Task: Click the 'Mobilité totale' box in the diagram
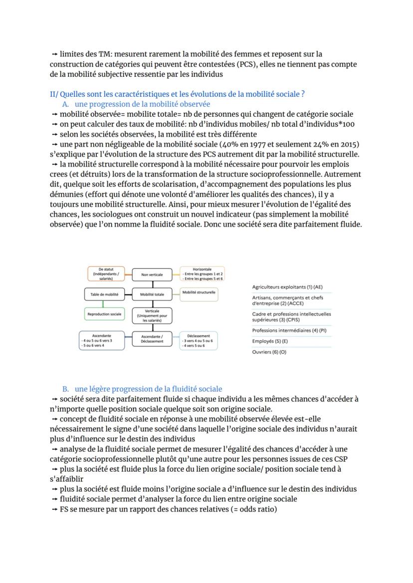152,295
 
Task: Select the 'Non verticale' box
152,274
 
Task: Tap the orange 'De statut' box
106,274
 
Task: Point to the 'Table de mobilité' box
104,295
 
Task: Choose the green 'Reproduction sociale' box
104,314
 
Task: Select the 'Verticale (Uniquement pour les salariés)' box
152,316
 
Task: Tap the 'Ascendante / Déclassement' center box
152,339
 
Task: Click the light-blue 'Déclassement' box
199,340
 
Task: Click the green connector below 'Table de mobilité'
103,304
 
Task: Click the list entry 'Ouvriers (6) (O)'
270,352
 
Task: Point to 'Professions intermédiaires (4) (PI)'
290,330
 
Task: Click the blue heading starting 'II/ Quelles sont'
177,94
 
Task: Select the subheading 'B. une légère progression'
142,389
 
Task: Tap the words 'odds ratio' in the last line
256,509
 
